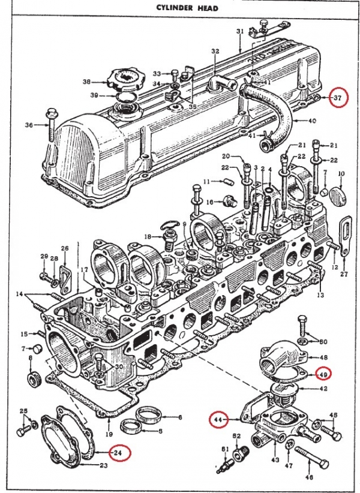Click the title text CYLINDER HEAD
click(180, 8)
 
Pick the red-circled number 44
click(218, 421)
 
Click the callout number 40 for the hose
click(311, 121)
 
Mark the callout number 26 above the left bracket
click(65, 248)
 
